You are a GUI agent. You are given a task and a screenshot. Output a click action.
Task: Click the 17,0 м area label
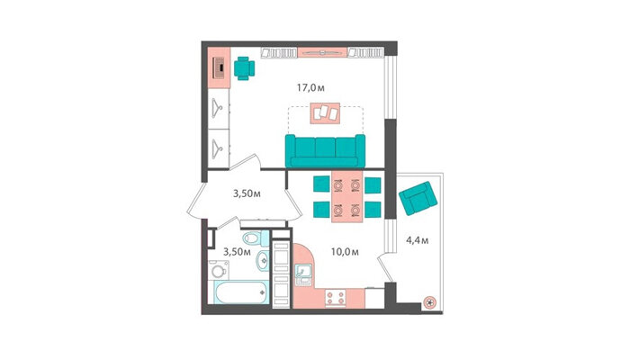(310, 87)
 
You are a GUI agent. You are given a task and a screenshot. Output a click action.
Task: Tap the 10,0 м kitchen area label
(345, 252)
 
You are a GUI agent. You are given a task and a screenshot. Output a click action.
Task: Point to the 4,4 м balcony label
(417, 240)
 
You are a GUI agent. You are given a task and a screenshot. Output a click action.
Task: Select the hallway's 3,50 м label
(247, 193)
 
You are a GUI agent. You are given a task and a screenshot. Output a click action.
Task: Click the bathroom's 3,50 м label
(237, 252)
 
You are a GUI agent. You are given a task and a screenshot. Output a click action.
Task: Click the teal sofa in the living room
(325, 150)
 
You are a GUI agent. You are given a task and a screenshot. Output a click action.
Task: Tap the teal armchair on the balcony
(418, 198)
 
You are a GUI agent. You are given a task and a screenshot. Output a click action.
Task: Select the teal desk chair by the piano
(244, 68)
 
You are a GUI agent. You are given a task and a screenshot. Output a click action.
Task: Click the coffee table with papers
(325, 113)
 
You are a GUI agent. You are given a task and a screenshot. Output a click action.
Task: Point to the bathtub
(240, 292)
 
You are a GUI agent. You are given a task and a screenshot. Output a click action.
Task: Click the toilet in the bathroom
(256, 238)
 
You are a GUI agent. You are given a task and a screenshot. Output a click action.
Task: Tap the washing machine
(219, 270)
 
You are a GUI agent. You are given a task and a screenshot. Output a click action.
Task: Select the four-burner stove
(336, 298)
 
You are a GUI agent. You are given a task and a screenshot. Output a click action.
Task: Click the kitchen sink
(303, 274)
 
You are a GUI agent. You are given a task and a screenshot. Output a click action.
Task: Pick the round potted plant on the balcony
(430, 302)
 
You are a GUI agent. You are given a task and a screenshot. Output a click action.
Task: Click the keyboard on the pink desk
(218, 67)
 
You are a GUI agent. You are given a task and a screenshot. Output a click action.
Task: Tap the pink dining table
(347, 196)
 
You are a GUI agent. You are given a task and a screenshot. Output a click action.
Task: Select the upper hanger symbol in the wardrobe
(218, 109)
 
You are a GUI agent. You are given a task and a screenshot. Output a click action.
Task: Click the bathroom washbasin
(263, 260)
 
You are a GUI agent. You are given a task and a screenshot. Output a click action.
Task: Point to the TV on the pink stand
(322, 52)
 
